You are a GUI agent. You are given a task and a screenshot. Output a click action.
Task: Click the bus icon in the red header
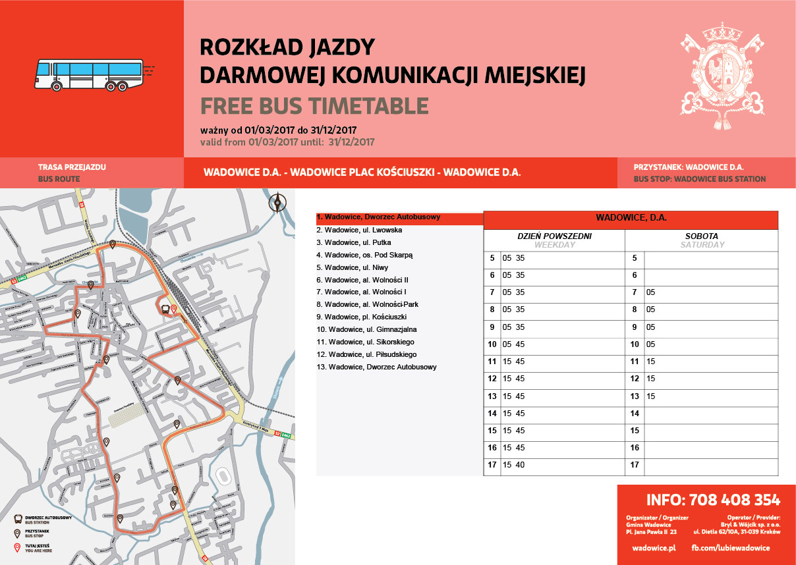click(90, 74)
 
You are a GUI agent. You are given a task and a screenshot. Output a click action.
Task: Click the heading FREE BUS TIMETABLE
click(314, 106)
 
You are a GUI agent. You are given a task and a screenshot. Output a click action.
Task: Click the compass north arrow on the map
click(279, 202)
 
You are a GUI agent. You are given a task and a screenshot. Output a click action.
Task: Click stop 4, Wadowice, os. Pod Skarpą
click(364, 255)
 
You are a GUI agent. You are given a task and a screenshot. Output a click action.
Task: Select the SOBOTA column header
click(701, 236)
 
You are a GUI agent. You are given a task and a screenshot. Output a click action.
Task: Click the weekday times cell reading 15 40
click(513, 465)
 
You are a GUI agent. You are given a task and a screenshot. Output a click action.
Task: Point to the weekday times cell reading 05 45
click(513, 344)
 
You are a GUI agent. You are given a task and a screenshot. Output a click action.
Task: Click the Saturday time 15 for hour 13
click(651, 396)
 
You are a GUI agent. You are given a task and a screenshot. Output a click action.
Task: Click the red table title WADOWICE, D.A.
click(631, 217)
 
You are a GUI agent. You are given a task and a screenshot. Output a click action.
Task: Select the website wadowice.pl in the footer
click(654, 548)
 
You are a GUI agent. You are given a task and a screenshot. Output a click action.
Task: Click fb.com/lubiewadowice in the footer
click(730, 548)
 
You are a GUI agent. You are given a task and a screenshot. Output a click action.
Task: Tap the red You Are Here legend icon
click(17, 547)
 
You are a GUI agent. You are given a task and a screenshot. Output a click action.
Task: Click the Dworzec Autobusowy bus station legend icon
click(18, 518)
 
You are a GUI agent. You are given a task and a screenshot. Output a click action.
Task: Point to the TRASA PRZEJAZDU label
click(72, 167)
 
